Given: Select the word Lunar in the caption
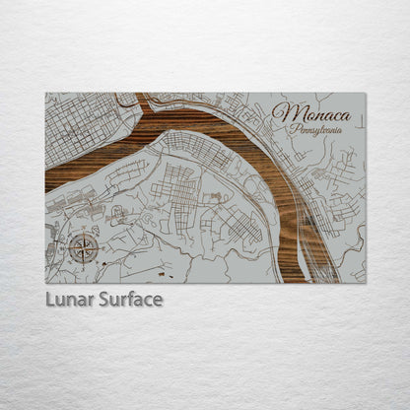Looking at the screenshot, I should pos(69,299).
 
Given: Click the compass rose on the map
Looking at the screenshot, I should pos(83,248).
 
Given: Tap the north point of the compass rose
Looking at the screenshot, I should pos(83,233).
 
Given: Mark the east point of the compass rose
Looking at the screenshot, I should pos(99,248).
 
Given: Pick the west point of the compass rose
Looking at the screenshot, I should pos(67,248).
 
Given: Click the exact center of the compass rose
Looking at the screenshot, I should pos(83,248).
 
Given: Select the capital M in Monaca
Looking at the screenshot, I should pos(282,113).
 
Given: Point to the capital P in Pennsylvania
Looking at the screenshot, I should pos(287,130).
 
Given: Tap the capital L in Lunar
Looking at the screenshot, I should pos(50,299).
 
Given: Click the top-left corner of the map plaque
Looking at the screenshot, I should pos(46,94).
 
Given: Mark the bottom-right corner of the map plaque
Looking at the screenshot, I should pos(365,283).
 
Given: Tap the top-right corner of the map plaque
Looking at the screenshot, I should pos(365,94).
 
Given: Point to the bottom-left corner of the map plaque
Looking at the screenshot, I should pos(46,283).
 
